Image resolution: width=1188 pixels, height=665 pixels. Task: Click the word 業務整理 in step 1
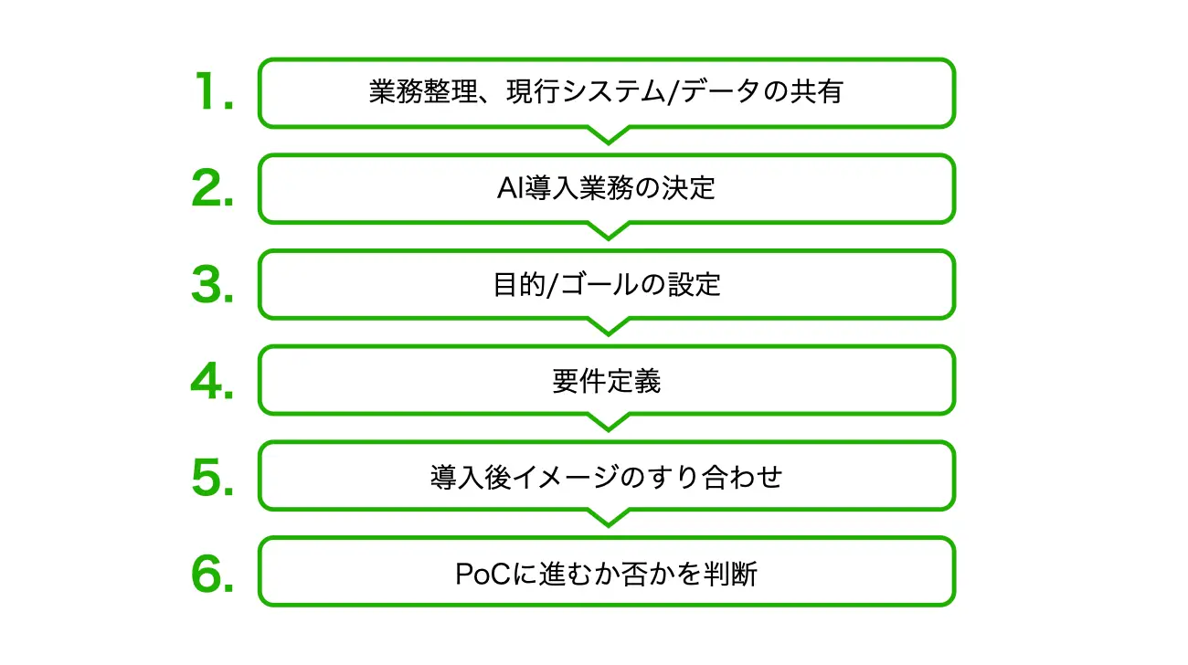pyautogui.click(x=424, y=91)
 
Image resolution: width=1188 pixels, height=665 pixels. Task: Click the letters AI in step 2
pyautogui.click(x=510, y=188)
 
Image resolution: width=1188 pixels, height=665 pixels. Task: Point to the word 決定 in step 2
pyautogui.click(x=688, y=188)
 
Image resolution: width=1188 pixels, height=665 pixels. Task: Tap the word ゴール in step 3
pyautogui.click(x=599, y=284)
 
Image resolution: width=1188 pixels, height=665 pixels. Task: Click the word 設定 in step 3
pyautogui.click(x=694, y=284)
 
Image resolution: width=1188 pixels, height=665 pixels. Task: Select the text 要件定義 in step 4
pyautogui.click(x=607, y=381)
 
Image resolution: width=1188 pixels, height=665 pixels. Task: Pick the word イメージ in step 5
pyautogui.click(x=565, y=477)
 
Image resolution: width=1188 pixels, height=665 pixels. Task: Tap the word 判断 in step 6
pyautogui.click(x=730, y=574)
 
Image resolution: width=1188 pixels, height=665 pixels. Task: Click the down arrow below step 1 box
pyautogui.click(x=609, y=134)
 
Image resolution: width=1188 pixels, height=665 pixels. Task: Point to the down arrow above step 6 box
pyautogui.click(x=609, y=518)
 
